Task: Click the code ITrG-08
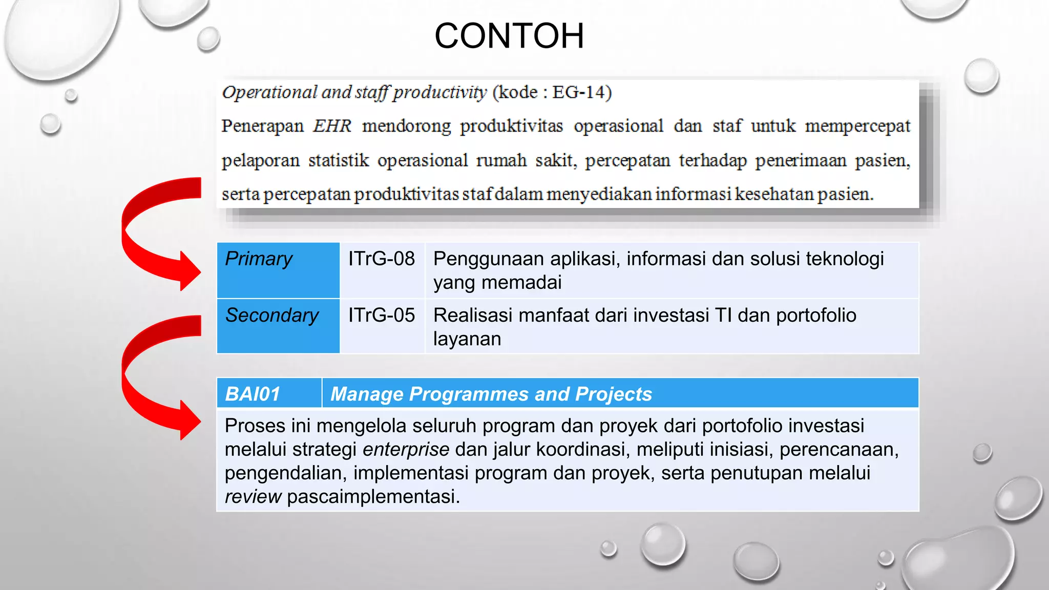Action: [x=382, y=259]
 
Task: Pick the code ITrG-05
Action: [x=382, y=315]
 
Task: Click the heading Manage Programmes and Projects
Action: [x=491, y=394]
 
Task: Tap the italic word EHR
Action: [x=332, y=126]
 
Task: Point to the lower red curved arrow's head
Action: [x=188, y=420]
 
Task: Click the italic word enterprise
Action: [x=406, y=450]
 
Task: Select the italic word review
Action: [x=253, y=497]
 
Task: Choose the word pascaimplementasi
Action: [x=373, y=497]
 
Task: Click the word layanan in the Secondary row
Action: [x=467, y=339]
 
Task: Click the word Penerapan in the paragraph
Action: [x=262, y=126]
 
